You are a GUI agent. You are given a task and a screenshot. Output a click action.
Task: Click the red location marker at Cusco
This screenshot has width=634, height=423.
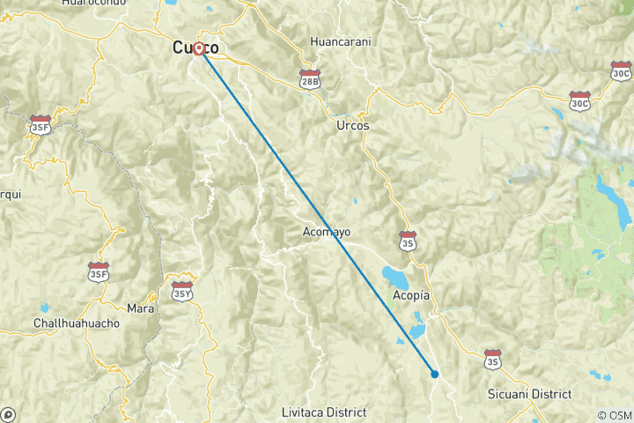tap(200, 48)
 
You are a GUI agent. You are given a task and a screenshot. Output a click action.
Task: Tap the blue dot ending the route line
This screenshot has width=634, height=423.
tap(435, 374)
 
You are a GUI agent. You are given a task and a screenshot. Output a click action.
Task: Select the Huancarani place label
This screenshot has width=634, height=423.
tap(341, 41)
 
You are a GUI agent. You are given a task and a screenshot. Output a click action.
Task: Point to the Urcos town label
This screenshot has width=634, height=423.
tap(352, 126)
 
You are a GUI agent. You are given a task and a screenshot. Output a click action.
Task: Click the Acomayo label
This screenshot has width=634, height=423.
tap(327, 232)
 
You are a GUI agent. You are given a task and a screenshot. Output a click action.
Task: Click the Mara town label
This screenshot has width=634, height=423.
tap(141, 308)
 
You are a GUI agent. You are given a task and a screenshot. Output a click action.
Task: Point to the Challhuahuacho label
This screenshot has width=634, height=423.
tap(76, 323)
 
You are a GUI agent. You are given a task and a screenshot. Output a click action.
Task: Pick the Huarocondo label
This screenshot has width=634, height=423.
tap(93, 3)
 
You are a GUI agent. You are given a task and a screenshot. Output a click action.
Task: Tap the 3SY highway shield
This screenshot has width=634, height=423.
tap(181, 291)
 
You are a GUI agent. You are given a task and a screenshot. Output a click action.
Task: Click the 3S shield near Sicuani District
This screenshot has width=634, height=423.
tap(492, 358)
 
